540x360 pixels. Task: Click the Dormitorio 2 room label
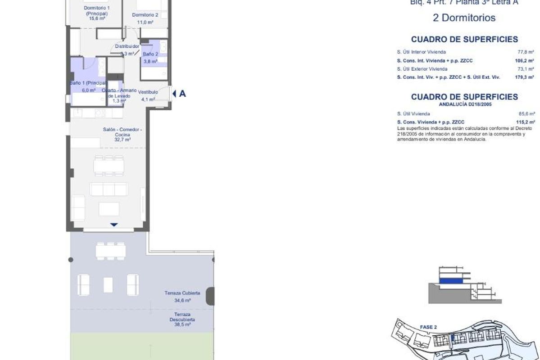(145, 15)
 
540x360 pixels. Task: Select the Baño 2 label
(150, 54)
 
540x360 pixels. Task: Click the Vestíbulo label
(148, 92)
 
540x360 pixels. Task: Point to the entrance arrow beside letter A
(174, 94)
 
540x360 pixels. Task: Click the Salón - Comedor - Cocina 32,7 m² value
(123, 140)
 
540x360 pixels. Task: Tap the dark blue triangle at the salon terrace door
(114, 225)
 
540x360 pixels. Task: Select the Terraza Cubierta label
(182, 293)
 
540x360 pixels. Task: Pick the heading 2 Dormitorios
(464, 18)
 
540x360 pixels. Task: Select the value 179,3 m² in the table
(525, 77)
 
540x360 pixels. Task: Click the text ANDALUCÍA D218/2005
(464, 104)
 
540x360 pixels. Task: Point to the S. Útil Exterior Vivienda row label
(422, 69)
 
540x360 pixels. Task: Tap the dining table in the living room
(109, 166)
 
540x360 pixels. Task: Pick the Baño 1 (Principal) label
(88, 83)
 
